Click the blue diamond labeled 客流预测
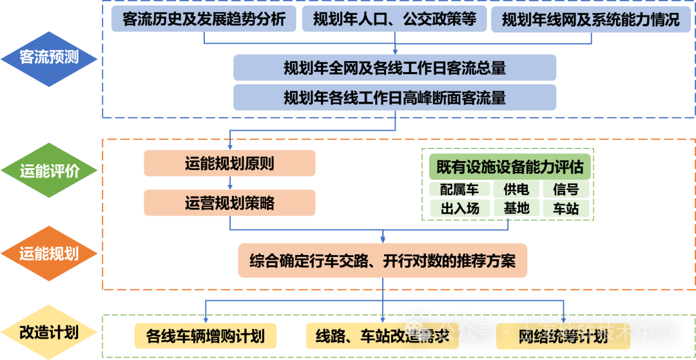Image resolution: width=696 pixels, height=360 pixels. pyautogui.click(x=48, y=57)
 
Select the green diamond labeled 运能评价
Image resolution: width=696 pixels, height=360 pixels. pyautogui.click(x=48, y=171)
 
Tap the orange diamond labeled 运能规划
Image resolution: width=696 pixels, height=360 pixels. pyautogui.click(x=48, y=253)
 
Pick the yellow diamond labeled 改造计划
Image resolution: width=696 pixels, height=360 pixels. pyautogui.click(x=48, y=333)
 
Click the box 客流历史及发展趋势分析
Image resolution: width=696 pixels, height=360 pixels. pyautogui.click(x=204, y=19)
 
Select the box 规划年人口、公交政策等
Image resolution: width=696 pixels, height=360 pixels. pyautogui.click(x=395, y=19)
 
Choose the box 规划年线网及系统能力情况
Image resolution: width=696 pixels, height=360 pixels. pyautogui.click(x=590, y=19)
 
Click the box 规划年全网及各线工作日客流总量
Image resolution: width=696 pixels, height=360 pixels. pyautogui.click(x=394, y=68)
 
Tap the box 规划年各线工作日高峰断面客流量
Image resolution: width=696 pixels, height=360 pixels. pyautogui.click(x=394, y=97)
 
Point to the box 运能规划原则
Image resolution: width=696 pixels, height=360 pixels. pyautogui.click(x=229, y=164)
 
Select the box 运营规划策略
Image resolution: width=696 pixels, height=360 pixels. pyautogui.click(x=229, y=203)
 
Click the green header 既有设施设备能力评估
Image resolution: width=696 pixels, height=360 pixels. pyautogui.click(x=510, y=167)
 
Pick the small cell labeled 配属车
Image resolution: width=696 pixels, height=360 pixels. pyautogui.click(x=459, y=189)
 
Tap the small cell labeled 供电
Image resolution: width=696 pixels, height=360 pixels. pyautogui.click(x=516, y=189)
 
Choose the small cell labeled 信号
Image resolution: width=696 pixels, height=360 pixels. pyautogui.click(x=566, y=189)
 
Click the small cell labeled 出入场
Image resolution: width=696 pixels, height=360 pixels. pyautogui.click(x=459, y=208)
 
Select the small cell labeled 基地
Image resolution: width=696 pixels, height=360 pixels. pyautogui.click(x=516, y=208)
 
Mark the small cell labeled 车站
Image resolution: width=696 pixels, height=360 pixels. pyautogui.click(x=566, y=208)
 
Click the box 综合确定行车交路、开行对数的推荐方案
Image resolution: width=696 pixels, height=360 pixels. pyautogui.click(x=382, y=261)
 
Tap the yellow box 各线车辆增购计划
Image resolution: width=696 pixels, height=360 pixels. pyautogui.click(x=205, y=336)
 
